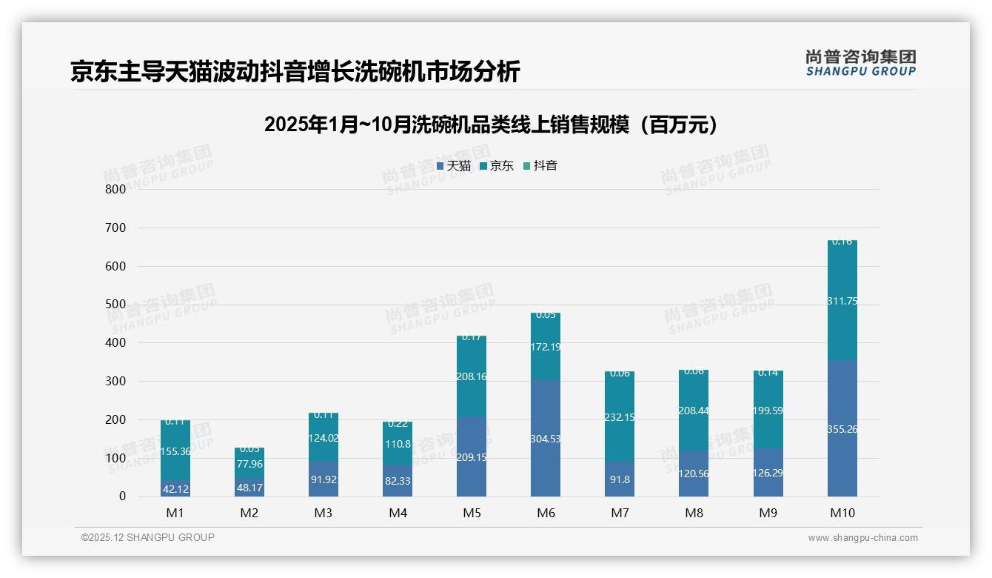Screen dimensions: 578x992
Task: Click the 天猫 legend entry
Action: coord(453,166)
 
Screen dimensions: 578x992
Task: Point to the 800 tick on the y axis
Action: coord(115,189)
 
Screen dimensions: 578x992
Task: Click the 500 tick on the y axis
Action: coord(115,305)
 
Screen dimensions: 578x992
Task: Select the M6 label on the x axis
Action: coord(545,513)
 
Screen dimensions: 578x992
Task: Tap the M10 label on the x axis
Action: coord(842,513)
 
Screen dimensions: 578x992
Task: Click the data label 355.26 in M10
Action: coord(842,429)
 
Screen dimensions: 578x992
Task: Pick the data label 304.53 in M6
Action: coord(545,439)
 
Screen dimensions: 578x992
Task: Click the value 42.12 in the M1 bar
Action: coord(175,488)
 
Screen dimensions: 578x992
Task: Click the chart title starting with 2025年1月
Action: coord(491,124)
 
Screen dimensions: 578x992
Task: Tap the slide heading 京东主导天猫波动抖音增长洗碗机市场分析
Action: coord(295,72)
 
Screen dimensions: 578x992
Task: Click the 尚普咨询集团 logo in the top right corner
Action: coord(860,63)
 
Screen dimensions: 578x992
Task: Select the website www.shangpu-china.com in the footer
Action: coord(862,538)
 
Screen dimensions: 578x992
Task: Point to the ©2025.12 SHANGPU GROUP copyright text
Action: coord(148,537)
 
